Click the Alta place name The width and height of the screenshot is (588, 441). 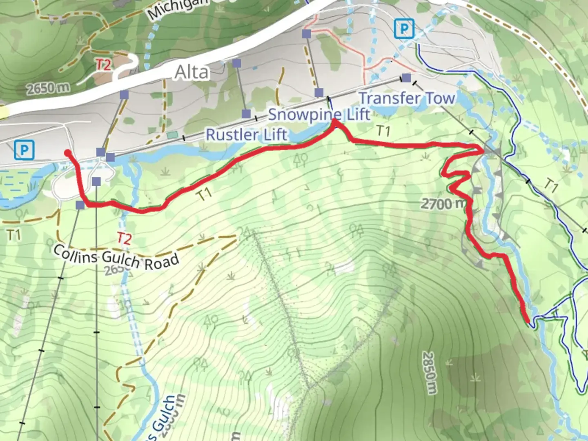tap(192, 73)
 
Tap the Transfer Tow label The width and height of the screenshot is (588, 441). tap(407, 98)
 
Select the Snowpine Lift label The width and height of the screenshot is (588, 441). tap(319, 114)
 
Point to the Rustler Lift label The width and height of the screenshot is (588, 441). tap(246, 135)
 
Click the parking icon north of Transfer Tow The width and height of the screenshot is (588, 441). tap(404, 29)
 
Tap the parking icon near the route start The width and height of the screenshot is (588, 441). tap(24, 150)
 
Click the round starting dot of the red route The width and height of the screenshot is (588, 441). tap(68, 153)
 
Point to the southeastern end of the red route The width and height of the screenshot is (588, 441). tap(529, 322)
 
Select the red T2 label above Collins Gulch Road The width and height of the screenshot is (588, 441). tap(124, 238)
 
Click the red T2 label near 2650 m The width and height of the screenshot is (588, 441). tap(103, 65)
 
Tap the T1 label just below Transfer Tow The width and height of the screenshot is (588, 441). tap(383, 131)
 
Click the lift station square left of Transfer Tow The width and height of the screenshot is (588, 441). tap(406, 78)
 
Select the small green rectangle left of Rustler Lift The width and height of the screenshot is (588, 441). tap(172, 135)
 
